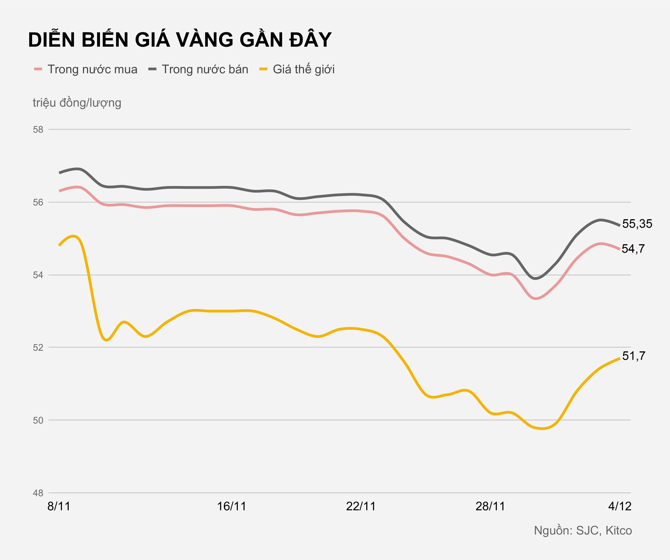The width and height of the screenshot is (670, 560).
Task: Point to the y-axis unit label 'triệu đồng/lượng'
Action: point(77,103)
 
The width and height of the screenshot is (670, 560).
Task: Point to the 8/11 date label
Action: point(59,506)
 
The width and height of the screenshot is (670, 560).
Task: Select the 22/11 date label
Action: point(361,506)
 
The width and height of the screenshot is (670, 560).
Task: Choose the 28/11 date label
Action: point(490,506)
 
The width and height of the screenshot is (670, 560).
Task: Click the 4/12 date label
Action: point(620,506)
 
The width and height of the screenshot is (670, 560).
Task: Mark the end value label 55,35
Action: point(637,224)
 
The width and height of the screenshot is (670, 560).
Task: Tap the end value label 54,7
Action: point(633,249)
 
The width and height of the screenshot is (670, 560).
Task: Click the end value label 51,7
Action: point(634,356)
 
